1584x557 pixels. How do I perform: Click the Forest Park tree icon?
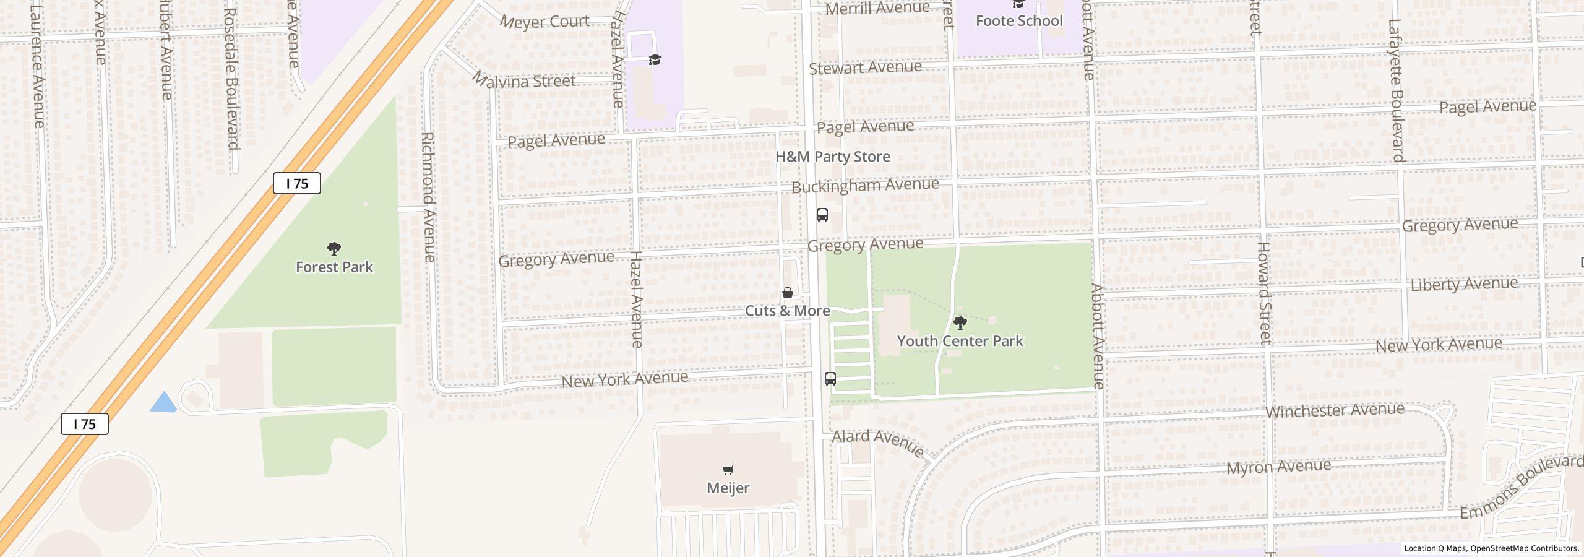pos(334,249)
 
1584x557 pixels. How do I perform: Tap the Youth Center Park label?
pos(960,341)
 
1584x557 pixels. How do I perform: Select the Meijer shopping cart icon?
pos(728,470)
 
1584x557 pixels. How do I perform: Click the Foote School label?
pos(1018,21)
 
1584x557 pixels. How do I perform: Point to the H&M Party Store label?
pos(832,157)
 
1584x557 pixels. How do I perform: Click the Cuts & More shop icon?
pos(788,293)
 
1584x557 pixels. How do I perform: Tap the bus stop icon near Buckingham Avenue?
pos(822,215)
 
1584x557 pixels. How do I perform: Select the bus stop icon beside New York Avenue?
pos(830,379)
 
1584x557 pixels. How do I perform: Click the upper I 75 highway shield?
pos(297,183)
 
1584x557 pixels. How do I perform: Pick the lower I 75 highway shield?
pos(85,424)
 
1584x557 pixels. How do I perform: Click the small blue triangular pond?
pos(164,403)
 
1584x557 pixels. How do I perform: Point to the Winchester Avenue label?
pos(1335,411)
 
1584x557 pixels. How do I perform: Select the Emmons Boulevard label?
pos(1520,487)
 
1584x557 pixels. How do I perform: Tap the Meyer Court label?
pos(545,22)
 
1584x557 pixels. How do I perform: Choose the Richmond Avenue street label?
pos(428,196)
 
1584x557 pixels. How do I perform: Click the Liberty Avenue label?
pos(1464,284)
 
